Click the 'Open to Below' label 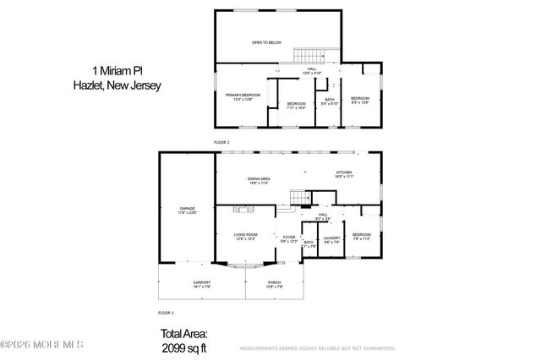point(265,41)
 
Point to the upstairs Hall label point(316,70)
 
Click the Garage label point(187,210)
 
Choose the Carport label point(201,284)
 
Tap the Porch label point(274,284)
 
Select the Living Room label point(246,235)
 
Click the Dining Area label point(259,180)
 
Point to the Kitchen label point(343,173)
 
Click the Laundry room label point(331,239)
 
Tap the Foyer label point(288,239)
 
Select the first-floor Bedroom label point(362,236)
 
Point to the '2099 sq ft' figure point(183,347)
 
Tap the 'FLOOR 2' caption point(221,142)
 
